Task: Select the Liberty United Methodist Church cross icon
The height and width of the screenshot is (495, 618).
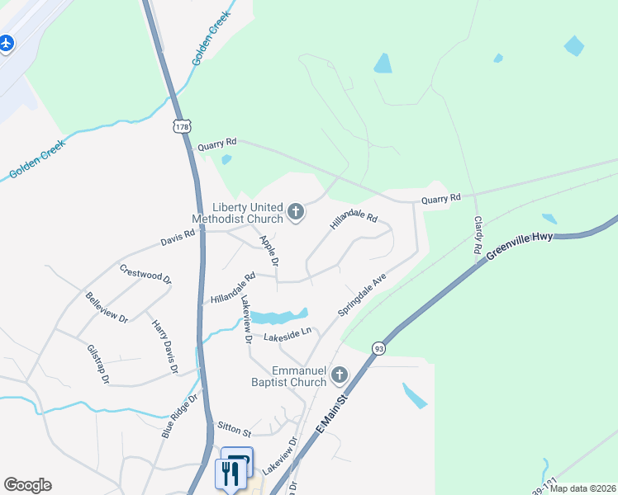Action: coord(295,213)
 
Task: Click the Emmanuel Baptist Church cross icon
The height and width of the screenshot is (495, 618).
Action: coord(339,377)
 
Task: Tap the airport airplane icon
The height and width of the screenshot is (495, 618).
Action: coord(7,42)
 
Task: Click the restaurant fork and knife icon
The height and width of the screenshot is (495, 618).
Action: coord(230,474)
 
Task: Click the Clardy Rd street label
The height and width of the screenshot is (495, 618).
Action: coord(478,234)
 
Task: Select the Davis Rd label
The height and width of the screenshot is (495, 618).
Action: coord(178,238)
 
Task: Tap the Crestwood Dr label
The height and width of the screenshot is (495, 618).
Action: coord(145,274)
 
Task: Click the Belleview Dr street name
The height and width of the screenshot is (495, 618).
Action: coord(107,307)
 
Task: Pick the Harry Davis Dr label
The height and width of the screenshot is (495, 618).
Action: coord(165,346)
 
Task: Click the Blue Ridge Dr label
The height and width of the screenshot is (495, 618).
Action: coord(181,417)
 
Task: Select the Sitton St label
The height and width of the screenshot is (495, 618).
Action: coord(234,430)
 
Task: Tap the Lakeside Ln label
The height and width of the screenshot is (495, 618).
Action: coord(287,335)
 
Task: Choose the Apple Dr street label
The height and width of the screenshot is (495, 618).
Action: coord(269,251)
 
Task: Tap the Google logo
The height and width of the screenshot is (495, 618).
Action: coord(27,485)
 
